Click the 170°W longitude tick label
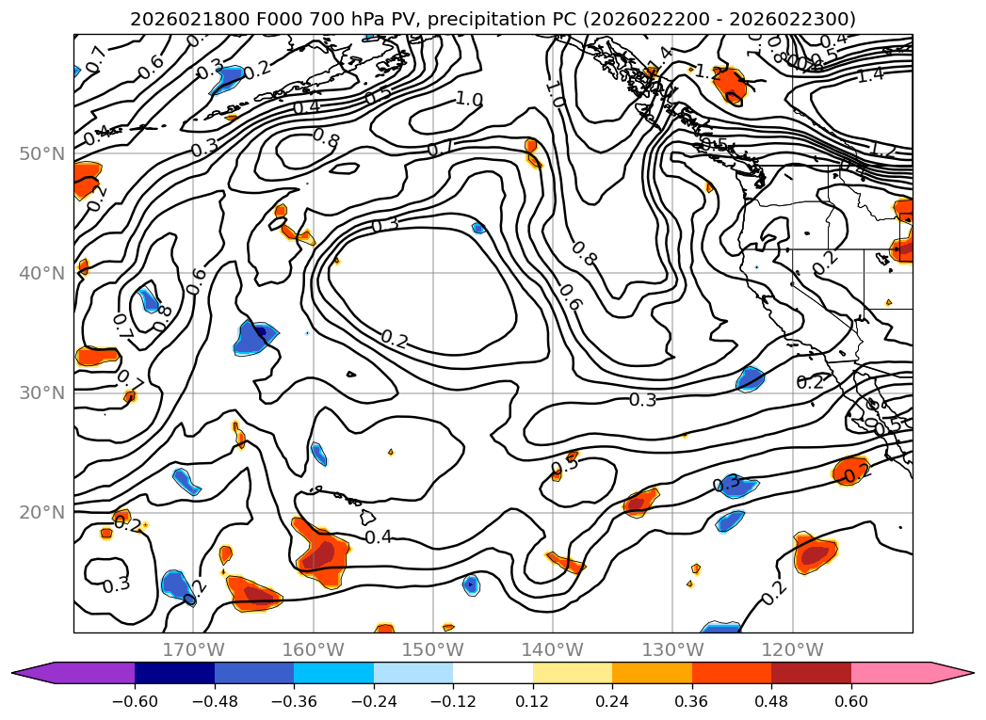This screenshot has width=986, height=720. click(x=193, y=649)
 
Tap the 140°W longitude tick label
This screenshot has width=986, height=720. click(x=553, y=649)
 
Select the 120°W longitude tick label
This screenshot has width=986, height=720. click(x=792, y=649)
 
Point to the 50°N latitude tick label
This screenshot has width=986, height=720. click(x=42, y=153)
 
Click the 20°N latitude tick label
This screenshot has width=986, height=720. click(x=42, y=513)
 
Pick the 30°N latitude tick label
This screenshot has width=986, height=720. click(x=42, y=393)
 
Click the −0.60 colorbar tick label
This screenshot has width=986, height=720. click(x=135, y=704)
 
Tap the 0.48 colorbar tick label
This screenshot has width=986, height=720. click(x=771, y=704)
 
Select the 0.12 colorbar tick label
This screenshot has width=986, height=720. click(x=533, y=704)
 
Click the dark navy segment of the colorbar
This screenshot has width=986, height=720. click(x=174, y=673)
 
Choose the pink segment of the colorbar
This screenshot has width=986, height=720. click(x=890, y=673)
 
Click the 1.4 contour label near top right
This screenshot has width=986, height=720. click(x=870, y=75)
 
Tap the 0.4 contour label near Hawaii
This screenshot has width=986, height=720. click(x=378, y=537)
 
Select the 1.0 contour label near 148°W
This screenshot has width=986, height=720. click(x=469, y=99)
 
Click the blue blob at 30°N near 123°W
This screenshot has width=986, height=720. click(x=751, y=379)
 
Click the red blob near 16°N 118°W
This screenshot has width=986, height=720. click(x=815, y=553)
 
